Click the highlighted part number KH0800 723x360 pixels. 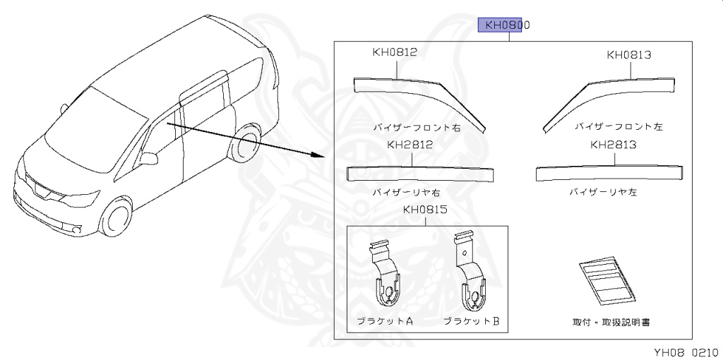(x=504, y=25)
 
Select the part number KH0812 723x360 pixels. (x=395, y=52)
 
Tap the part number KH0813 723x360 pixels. (x=628, y=54)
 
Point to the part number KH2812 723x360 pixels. (x=410, y=145)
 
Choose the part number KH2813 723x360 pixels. (x=614, y=145)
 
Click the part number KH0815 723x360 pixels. (x=426, y=210)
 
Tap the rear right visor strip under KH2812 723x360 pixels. (x=421, y=172)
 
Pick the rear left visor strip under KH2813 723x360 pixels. (x=611, y=172)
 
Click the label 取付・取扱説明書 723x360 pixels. (x=611, y=322)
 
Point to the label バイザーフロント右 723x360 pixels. (x=417, y=127)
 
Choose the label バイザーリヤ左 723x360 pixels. (x=603, y=192)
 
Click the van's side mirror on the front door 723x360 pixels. (x=149, y=158)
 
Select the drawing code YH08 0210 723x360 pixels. (x=684, y=352)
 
